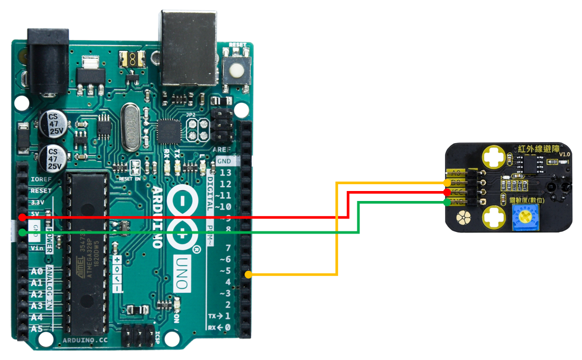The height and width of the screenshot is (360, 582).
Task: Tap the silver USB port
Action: coord(188,47)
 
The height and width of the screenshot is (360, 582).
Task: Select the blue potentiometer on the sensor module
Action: coord(525,218)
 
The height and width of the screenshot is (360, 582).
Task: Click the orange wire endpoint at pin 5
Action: coord(248,274)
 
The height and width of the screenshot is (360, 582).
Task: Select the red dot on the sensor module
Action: coord(447,193)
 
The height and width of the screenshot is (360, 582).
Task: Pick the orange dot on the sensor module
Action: coord(447,183)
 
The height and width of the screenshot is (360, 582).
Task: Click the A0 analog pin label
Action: coord(36,271)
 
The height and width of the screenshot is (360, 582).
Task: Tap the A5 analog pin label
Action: coord(36,329)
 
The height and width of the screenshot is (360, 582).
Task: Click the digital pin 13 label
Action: coord(226,173)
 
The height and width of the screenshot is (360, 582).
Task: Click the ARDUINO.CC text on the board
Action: coord(86,341)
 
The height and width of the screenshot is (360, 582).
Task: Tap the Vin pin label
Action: coord(36,248)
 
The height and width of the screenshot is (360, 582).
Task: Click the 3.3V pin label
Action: coord(37,203)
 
